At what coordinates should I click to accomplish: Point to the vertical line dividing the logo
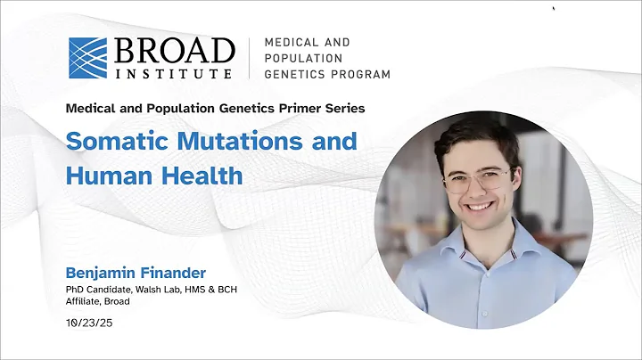point(250,58)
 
